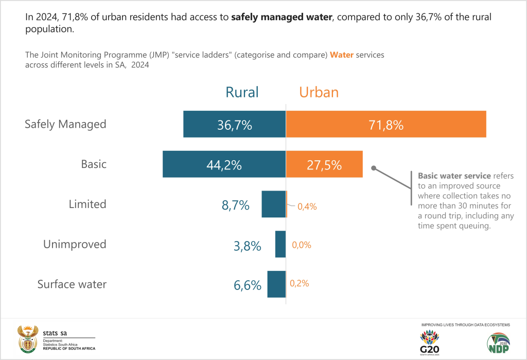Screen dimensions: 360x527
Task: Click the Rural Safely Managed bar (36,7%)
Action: tap(234, 124)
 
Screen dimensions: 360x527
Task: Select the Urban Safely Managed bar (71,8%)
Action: tap(386, 124)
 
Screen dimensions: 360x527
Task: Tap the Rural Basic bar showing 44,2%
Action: tap(224, 164)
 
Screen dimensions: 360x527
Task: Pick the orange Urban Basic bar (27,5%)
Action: tap(324, 164)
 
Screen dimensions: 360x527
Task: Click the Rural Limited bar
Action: tap(273, 204)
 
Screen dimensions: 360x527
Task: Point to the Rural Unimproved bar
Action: tap(280, 244)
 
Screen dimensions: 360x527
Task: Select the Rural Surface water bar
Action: tap(276, 284)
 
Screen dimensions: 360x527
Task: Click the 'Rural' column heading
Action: tap(242, 92)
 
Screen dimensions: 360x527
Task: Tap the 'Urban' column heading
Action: tap(319, 92)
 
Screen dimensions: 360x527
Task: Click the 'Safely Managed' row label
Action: tap(65, 124)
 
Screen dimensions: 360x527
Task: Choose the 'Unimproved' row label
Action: tap(75, 244)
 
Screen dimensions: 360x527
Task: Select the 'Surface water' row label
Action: tap(72, 284)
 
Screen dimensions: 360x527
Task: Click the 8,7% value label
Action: tap(236, 205)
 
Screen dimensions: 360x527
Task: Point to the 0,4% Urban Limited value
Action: tap(307, 207)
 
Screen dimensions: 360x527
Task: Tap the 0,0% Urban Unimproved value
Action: tap(302, 245)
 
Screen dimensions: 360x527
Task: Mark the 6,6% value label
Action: tap(248, 285)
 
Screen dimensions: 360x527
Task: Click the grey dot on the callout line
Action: tap(374, 167)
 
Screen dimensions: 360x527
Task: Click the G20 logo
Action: tap(430, 341)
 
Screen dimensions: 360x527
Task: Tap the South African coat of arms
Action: tap(27, 338)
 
